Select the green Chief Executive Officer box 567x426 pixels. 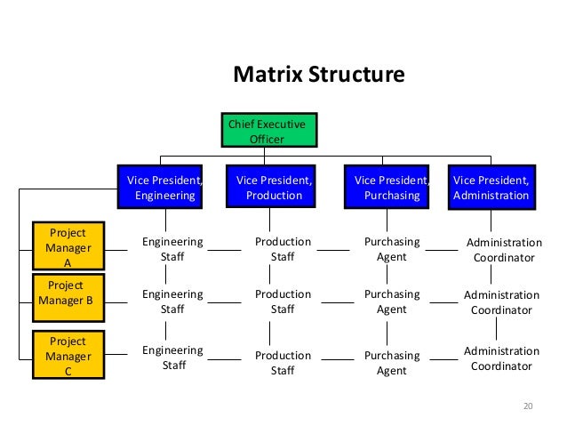click(268, 132)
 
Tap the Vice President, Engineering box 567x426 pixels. click(161, 187)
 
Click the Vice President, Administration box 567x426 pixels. click(491, 187)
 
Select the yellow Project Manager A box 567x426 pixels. click(68, 247)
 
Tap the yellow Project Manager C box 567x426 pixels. click(68, 355)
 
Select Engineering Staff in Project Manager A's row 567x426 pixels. click(172, 249)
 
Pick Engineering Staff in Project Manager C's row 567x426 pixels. click(172, 357)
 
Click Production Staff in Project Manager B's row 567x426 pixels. click(283, 301)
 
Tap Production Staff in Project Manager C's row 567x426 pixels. click(283, 363)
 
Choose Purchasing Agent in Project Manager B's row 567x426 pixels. click(392, 301)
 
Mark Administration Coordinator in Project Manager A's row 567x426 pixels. click(504, 250)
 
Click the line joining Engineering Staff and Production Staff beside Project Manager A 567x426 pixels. click(225, 251)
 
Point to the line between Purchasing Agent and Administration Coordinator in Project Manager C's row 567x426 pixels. click(442, 360)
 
